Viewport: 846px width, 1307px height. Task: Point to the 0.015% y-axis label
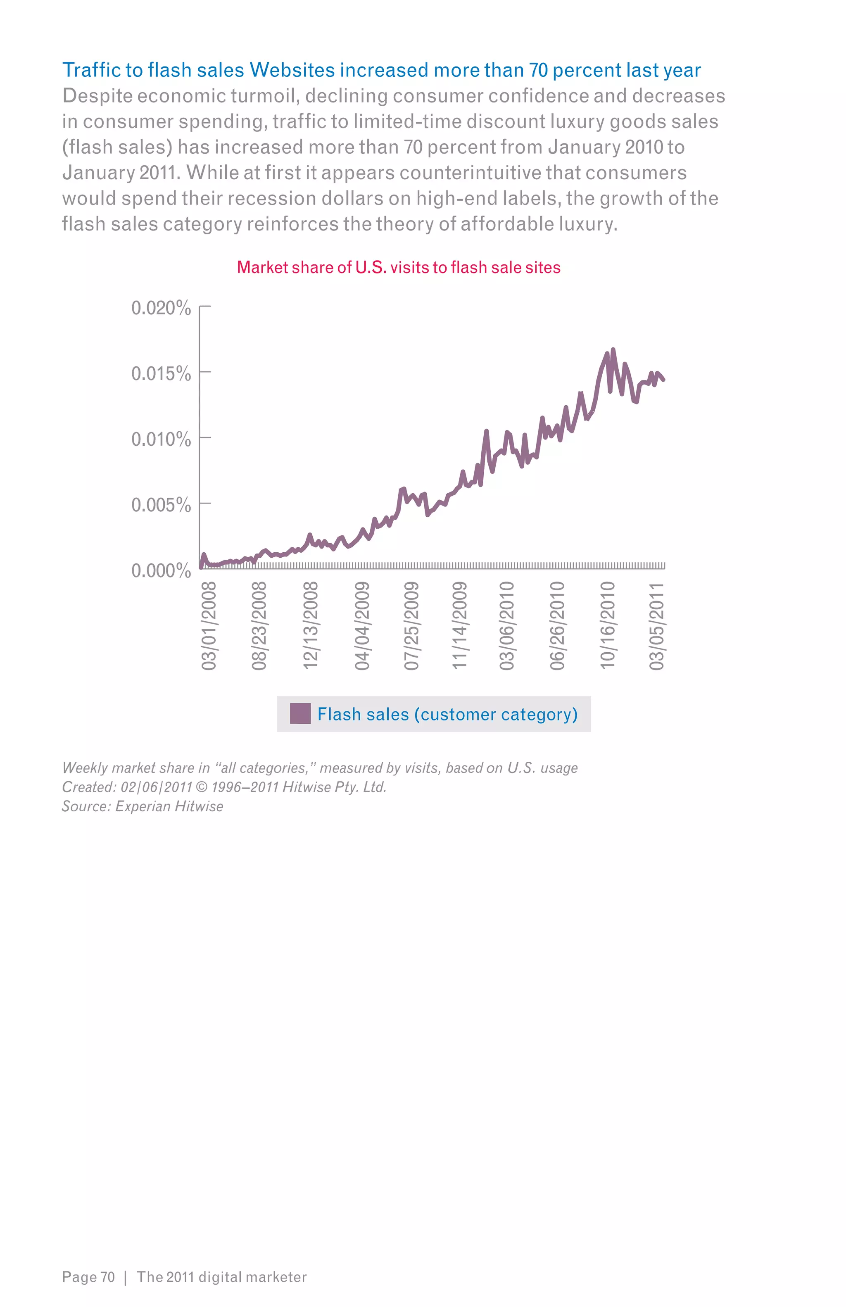(x=161, y=374)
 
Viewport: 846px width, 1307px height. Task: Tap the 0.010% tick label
(x=161, y=440)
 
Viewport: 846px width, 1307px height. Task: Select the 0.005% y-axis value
(x=161, y=505)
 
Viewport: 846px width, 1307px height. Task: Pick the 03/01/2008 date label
(x=209, y=626)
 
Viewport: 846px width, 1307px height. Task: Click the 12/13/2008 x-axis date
(x=311, y=626)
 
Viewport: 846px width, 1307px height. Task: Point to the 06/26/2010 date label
(x=557, y=626)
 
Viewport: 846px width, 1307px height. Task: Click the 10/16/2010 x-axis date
(x=607, y=626)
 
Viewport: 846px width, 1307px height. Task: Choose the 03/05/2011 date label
(x=656, y=626)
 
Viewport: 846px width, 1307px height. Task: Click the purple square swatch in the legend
(x=300, y=713)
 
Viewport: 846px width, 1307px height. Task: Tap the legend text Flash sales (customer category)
(x=447, y=714)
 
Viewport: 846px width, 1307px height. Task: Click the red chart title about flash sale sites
(x=399, y=267)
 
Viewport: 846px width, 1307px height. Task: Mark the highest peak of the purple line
(x=613, y=350)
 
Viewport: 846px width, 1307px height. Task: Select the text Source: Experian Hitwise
(x=143, y=806)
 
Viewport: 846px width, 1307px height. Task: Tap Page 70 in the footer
(x=88, y=1277)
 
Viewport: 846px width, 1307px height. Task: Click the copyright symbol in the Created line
(x=202, y=787)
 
